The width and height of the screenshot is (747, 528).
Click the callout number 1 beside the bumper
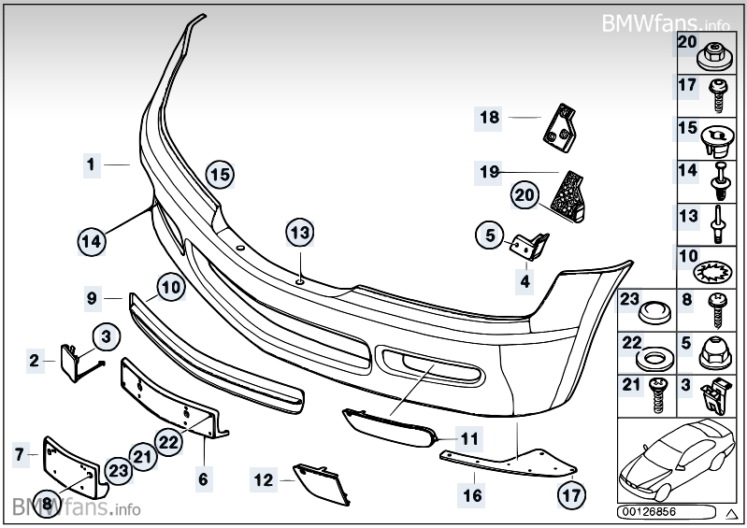92,164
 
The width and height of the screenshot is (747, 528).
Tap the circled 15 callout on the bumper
219,174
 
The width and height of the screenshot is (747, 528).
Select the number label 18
490,118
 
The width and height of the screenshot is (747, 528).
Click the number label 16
473,492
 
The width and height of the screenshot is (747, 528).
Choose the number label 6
203,479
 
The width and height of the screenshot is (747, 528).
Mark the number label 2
36,359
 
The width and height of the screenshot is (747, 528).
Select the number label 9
92,299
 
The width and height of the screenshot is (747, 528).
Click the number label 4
525,279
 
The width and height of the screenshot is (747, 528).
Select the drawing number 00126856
651,512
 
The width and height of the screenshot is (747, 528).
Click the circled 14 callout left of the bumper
91,241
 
